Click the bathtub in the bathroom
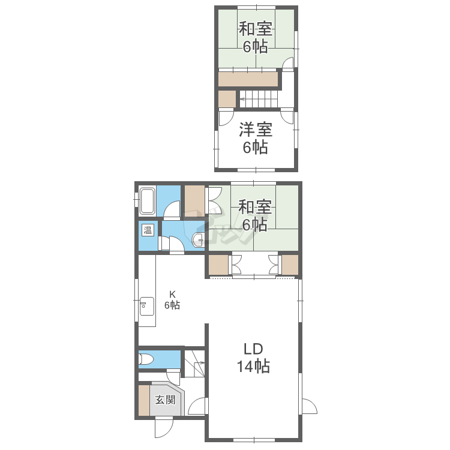(147, 202)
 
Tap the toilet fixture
(146, 359)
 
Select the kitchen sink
(146, 307)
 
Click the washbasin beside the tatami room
(198, 240)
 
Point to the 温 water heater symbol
(148, 230)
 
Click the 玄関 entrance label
(166, 400)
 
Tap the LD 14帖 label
(253, 358)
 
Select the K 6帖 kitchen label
(172, 300)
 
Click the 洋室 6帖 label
(256, 138)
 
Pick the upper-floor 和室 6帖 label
(256, 38)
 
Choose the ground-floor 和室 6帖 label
(255, 215)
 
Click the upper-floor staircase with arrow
(259, 99)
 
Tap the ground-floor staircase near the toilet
(194, 364)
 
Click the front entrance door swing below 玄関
(164, 428)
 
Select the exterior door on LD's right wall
(308, 406)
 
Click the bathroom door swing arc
(172, 209)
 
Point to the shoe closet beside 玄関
(144, 400)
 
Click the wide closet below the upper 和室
(248, 79)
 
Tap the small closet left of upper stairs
(227, 99)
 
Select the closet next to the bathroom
(194, 202)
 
